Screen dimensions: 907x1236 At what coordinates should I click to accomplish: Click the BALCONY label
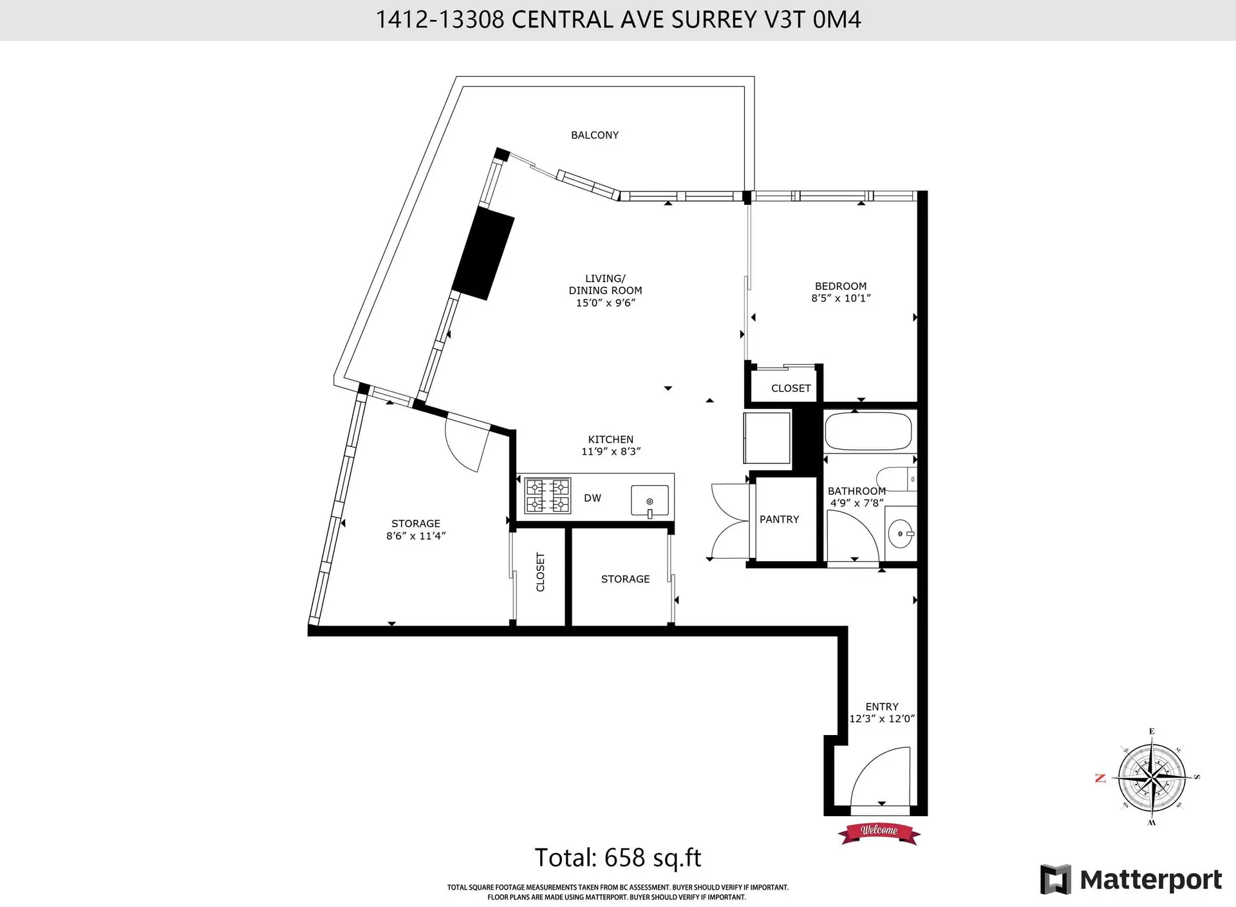coord(594,135)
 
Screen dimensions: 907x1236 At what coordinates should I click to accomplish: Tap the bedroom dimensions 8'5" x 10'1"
coord(840,298)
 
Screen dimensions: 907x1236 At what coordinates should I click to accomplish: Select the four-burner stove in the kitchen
coord(547,495)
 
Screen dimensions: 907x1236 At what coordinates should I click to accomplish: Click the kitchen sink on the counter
coord(650,501)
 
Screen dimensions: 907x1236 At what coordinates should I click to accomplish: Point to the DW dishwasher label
coord(592,498)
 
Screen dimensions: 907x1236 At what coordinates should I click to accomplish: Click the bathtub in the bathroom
coord(868,431)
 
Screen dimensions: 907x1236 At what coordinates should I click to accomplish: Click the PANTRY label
coord(779,519)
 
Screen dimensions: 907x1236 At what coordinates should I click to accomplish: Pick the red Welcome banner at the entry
coord(879,832)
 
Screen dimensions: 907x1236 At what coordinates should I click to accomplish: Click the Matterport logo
coord(1130,880)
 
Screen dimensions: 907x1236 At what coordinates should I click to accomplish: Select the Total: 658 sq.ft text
coord(617,858)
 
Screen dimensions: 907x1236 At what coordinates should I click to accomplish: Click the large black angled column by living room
coord(483,253)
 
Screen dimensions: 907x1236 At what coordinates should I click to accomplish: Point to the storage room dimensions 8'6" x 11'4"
coord(416,536)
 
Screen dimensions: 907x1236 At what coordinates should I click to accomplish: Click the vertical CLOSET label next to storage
coord(540,572)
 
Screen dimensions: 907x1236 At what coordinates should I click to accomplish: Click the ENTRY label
coord(881,707)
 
